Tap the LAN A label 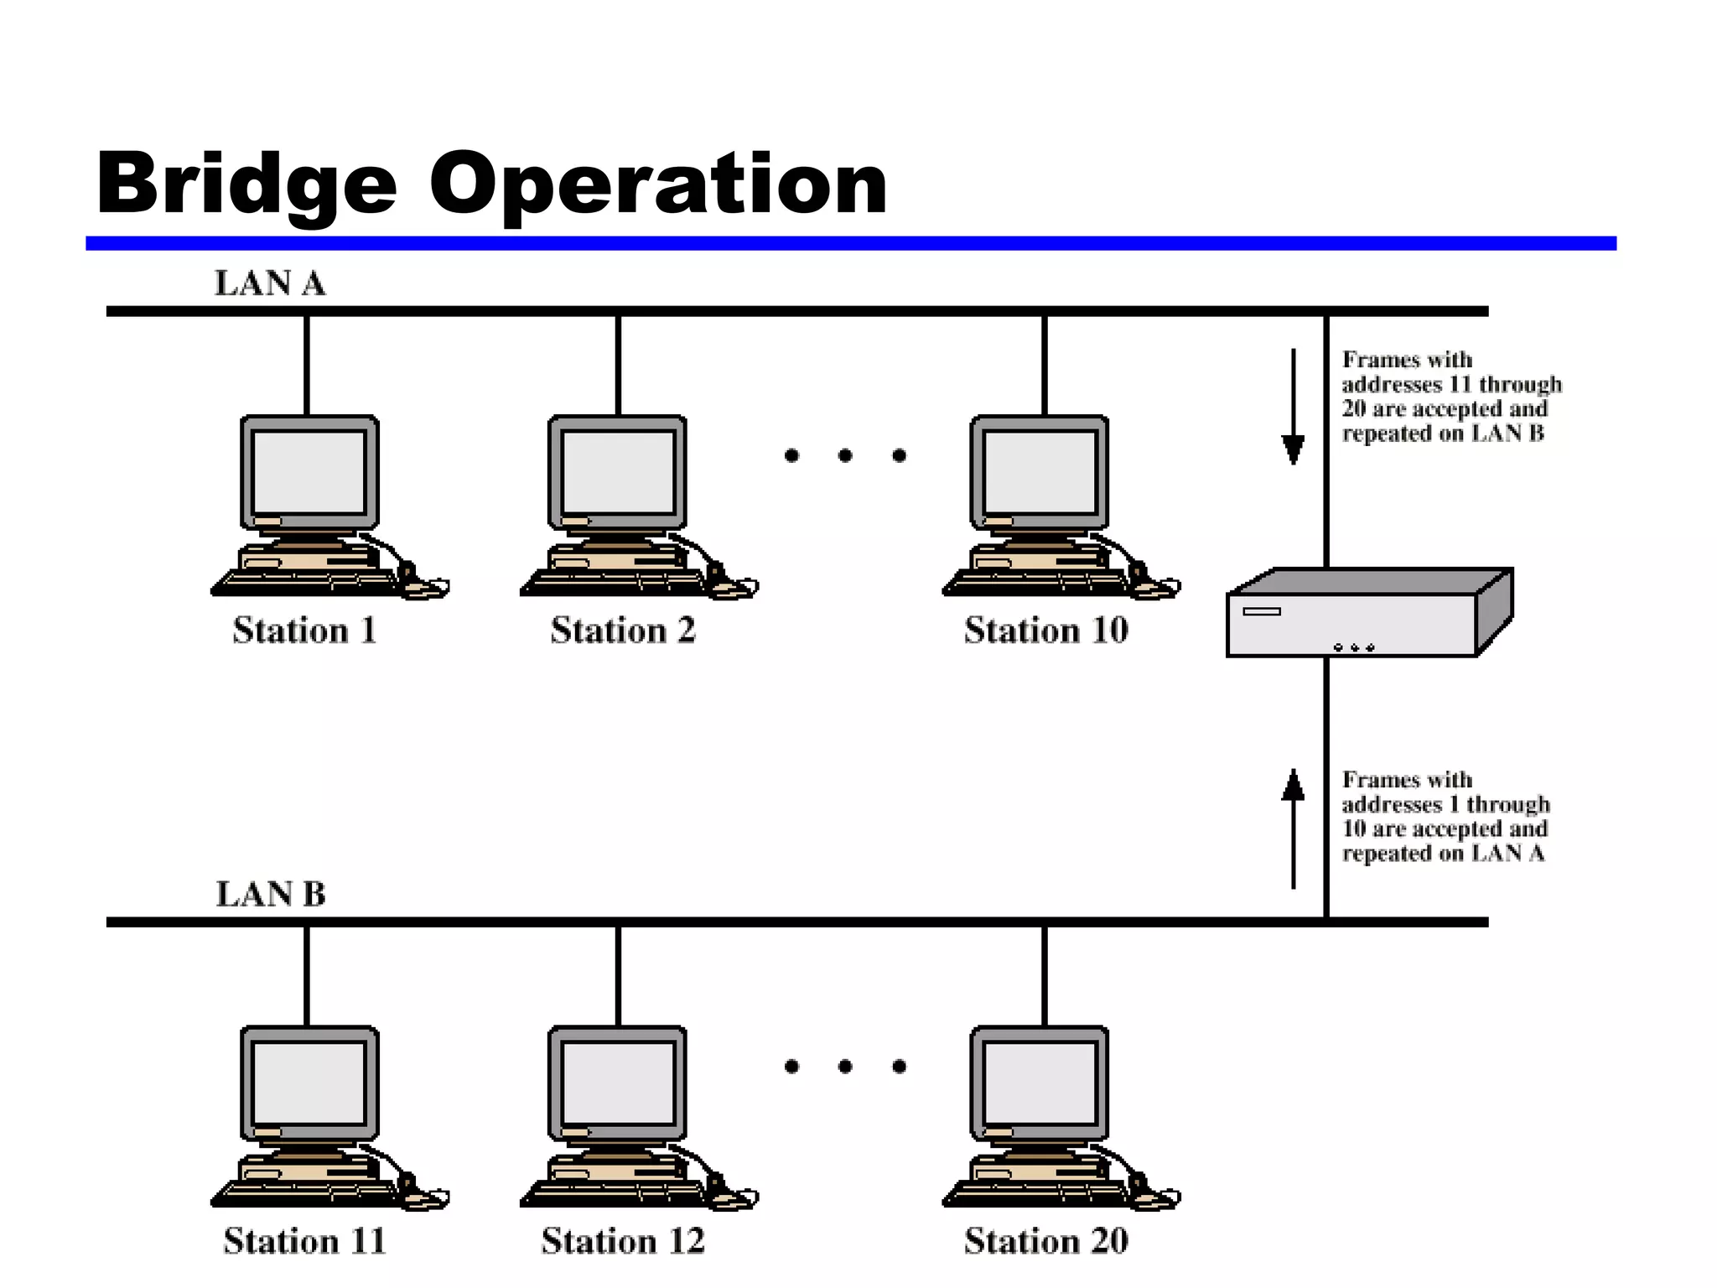(270, 283)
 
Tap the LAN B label (270, 894)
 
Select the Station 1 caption (304, 631)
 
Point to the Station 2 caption (623, 631)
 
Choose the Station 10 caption (1045, 631)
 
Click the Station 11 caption (304, 1241)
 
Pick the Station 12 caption (623, 1241)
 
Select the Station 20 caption (1045, 1241)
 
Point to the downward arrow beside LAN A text (1293, 407)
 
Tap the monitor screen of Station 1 (309, 472)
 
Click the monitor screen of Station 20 (1040, 1083)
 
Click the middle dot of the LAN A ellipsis (845, 455)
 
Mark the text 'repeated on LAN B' (1442, 434)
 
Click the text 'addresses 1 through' (1445, 804)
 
